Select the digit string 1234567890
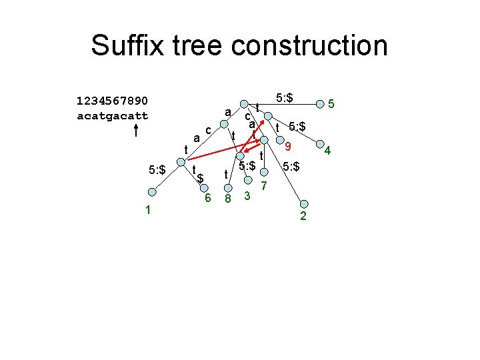tap(113, 101)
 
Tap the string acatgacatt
tap(113, 115)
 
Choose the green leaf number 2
tap(303, 216)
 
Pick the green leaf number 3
tap(247, 196)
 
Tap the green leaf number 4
tap(327, 153)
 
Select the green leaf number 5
tap(332, 104)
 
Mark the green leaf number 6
tap(208, 198)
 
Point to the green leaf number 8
tap(227, 199)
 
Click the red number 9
tap(287, 147)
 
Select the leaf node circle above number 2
tap(303, 204)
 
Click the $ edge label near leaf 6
tap(199, 179)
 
